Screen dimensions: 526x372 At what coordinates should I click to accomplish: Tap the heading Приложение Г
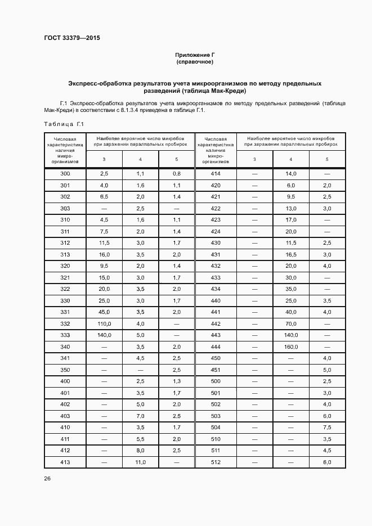pyautogui.click(x=195, y=55)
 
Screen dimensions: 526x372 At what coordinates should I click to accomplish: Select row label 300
pyautogui.click(x=65, y=174)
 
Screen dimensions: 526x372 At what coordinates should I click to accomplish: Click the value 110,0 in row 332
pyautogui.click(x=104, y=324)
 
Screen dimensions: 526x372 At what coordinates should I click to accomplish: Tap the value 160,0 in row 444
pyautogui.click(x=291, y=347)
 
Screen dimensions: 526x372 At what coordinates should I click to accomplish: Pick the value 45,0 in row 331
pyautogui.click(x=104, y=312)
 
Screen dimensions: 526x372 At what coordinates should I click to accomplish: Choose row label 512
pyautogui.click(x=216, y=462)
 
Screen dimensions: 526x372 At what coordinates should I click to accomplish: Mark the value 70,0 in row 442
pyautogui.click(x=291, y=324)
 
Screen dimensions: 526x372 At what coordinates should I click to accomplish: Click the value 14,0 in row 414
pyautogui.click(x=291, y=174)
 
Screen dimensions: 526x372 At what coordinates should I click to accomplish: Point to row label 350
pyautogui.click(x=65, y=370)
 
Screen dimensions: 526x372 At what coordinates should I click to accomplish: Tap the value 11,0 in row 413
pyautogui.click(x=140, y=462)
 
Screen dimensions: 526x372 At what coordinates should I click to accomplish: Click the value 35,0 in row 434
pyautogui.click(x=291, y=289)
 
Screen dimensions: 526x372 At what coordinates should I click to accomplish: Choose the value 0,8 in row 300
pyautogui.click(x=176, y=174)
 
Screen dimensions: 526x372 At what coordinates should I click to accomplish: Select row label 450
pyautogui.click(x=216, y=358)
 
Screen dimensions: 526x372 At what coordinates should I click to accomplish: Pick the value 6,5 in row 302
pyautogui.click(x=104, y=197)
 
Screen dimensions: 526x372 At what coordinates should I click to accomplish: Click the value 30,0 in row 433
pyautogui.click(x=291, y=278)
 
